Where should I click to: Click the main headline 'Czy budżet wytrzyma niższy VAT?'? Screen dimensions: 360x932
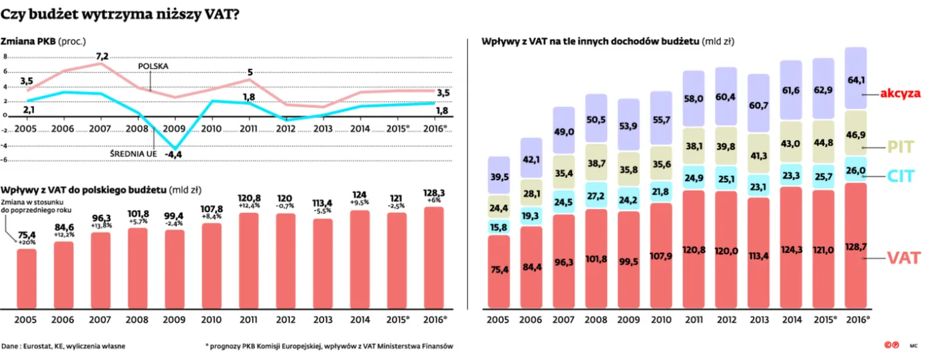click(x=120, y=15)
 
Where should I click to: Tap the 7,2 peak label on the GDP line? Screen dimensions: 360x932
click(x=102, y=55)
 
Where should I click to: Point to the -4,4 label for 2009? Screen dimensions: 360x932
click(x=174, y=155)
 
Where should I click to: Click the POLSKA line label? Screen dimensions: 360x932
click(x=153, y=66)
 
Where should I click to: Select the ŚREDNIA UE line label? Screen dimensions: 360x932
click(x=132, y=154)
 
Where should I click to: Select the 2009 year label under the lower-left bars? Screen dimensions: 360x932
click(x=175, y=319)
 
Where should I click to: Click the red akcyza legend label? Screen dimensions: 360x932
click(x=900, y=94)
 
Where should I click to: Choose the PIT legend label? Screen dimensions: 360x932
click(x=901, y=147)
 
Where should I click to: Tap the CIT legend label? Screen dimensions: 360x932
click(x=900, y=176)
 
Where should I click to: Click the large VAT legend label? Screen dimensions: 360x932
click(x=903, y=259)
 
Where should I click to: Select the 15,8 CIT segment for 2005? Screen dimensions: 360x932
click(x=499, y=227)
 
